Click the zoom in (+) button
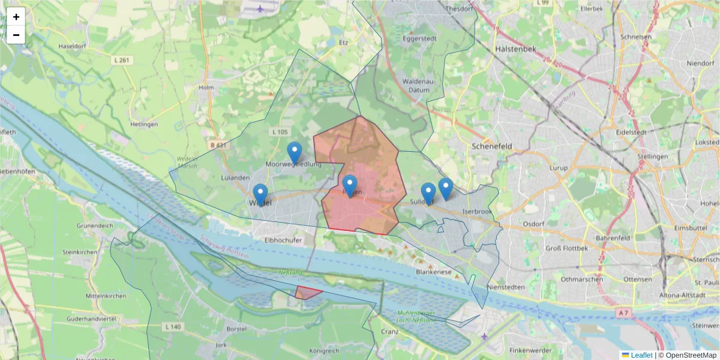[16, 17]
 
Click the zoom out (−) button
[16, 35]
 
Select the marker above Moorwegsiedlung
[295, 152]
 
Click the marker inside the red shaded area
[350, 185]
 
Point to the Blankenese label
[433, 272]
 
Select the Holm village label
[206, 88]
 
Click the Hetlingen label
[143, 125]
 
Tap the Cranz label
[390, 332]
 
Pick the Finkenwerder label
[529, 350]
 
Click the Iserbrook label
[478, 212]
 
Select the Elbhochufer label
[282, 240]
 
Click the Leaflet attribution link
[641, 355]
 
